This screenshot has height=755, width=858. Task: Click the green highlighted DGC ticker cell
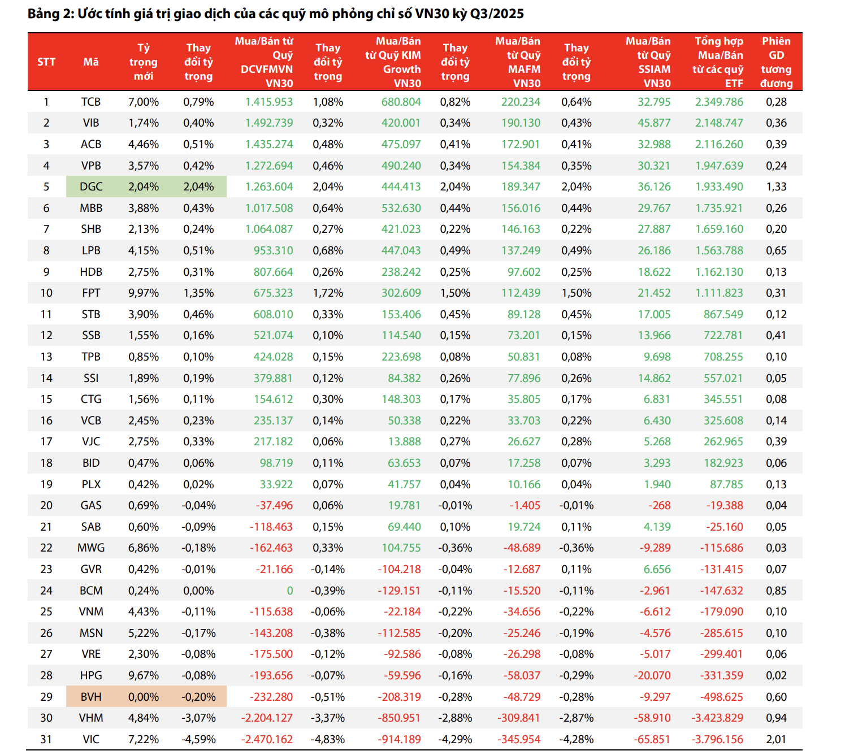[91, 187]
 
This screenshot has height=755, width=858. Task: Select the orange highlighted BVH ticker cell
[91, 697]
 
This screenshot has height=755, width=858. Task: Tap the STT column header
[46, 62]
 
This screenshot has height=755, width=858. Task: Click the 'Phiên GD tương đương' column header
[776, 62]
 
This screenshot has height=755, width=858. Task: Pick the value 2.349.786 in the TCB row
[719, 102]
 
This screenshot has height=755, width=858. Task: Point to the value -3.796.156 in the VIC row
[717, 739]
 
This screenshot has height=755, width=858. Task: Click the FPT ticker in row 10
[91, 293]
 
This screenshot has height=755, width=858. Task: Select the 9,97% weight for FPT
[144, 293]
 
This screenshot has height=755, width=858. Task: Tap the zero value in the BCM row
[289, 591]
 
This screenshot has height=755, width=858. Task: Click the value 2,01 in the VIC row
[776, 739]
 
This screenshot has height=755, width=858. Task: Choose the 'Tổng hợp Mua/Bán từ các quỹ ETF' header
[719, 62]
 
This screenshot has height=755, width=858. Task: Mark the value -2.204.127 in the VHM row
[267, 718]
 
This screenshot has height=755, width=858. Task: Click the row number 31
[46, 739]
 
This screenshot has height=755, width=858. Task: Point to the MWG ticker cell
[91, 548]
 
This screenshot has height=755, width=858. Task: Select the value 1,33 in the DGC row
[776, 187]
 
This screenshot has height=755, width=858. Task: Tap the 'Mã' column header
[91, 62]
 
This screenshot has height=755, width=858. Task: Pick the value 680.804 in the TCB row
[401, 102]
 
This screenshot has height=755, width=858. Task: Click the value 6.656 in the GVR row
[657, 570]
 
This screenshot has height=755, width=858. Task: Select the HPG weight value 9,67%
[144, 676]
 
